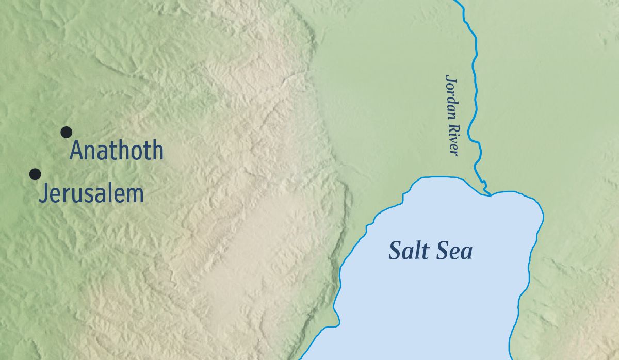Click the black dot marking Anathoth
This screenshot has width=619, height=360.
coord(66,132)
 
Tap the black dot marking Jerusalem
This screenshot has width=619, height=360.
coord(35,174)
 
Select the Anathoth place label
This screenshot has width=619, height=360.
coord(117,151)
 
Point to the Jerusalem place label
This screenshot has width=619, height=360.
coord(91,193)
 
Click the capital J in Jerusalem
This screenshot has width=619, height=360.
coord(43,194)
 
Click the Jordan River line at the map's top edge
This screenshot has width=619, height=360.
coord(458,2)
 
